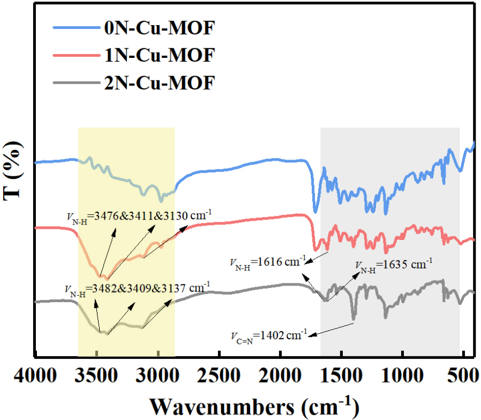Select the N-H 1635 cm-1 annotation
[394, 265]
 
